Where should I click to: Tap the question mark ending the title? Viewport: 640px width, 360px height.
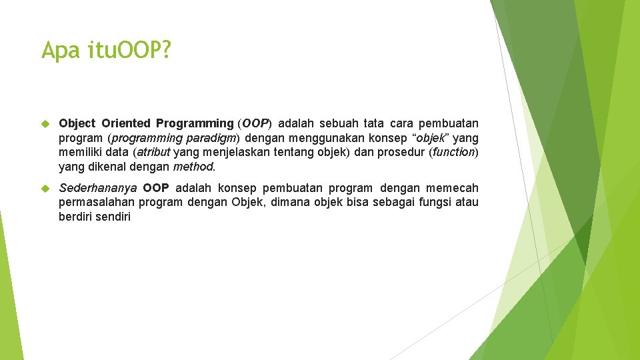click(x=165, y=51)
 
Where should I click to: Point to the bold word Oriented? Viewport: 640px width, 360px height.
click(x=126, y=123)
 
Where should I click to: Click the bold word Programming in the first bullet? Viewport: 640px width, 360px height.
click(x=195, y=123)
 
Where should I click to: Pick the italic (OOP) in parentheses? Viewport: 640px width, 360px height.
click(x=255, y=123)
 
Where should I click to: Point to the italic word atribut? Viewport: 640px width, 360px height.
click(x=152, y=152)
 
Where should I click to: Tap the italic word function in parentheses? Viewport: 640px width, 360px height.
click(x=453, y=152)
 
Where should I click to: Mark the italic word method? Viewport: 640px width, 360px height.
click(x=193, y=167)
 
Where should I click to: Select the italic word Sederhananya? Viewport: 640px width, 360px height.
click(x=98, y=188)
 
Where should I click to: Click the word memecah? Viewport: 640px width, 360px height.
click(x=453, y=188)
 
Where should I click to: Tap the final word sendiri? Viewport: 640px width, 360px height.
click(x=113, y=217)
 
